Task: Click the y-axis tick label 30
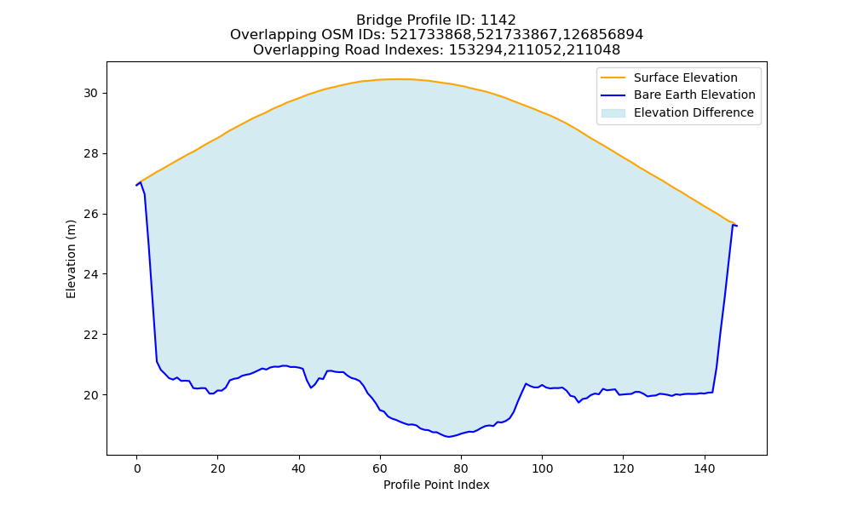pos(90,94)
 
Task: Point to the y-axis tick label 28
pos(90,153)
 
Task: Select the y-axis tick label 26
pos(90,214)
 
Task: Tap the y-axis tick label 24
pos(90,274)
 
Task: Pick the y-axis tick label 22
pos(90,335)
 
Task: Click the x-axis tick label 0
pos(137,468)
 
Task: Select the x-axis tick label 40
pos(299,468)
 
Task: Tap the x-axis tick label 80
pos(461,468)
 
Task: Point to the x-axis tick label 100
pos(542,468)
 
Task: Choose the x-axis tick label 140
pos(705,468)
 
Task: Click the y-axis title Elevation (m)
pos(72,259)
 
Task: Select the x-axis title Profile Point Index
pos(436,485)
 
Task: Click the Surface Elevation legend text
pos(686,78)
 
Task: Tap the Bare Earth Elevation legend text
pos(694,95)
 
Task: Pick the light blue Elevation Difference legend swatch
pos(613,113)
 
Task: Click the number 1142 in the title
pos(498,20)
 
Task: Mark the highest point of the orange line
pos(395,79)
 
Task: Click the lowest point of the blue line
pos(449,437)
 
